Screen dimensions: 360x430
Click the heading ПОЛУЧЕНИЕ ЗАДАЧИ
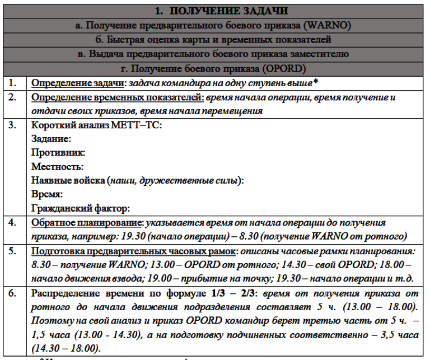(229, 11)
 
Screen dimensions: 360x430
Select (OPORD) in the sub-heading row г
(285, 68)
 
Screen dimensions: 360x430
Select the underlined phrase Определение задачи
(77, 83)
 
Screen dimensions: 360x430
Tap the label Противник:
(58, 152)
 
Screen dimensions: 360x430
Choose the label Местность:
(58, 166)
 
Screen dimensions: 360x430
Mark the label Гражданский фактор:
(81, 208)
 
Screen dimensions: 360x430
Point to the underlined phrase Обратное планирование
(85, 223)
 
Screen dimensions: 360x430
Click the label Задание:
(52, 138)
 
